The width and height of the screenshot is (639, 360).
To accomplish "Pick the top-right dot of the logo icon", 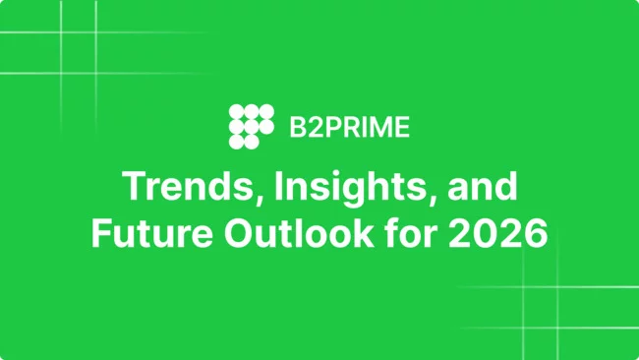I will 266,110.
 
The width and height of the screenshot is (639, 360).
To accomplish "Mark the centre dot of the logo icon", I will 251,126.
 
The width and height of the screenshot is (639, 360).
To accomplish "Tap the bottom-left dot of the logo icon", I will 235,142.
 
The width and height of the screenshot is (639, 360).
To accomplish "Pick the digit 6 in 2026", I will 537,235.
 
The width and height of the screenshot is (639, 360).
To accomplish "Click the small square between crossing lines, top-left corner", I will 78,40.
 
